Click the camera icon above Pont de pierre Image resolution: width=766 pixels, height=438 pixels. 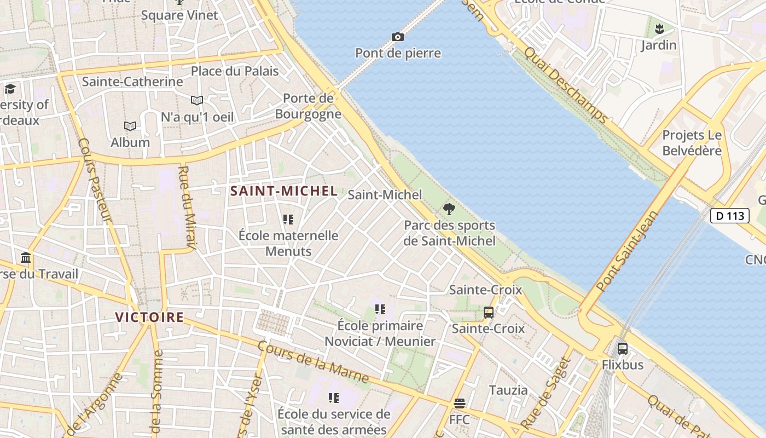(398, 37)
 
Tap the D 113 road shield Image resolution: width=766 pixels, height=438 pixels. (729, 216)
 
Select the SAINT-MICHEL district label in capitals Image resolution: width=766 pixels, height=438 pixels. (283, 191)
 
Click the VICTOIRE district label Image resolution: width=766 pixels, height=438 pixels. (149, 317)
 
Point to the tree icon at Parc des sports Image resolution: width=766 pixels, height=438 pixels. (449, 209)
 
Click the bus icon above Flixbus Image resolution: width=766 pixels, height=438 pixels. (622, 348)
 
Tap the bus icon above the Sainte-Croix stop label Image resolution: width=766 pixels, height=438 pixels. (489, 313)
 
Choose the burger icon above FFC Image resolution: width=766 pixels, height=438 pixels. (460, 404)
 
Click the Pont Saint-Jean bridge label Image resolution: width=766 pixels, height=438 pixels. (628, 250)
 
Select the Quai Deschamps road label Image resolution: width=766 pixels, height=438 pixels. (565, 85)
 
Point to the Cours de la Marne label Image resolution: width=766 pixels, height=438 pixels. (312, 362)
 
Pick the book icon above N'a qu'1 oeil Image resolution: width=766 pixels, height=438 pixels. (197, 101)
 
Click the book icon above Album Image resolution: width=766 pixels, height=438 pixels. (130, 126)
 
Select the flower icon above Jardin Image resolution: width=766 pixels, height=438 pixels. (659, 28)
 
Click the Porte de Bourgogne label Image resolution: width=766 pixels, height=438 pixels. (308, 106)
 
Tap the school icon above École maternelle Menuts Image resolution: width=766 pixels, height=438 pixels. (288, 220)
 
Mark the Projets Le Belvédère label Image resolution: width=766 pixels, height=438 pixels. (692, 143)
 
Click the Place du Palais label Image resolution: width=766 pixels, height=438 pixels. (235, 71)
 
